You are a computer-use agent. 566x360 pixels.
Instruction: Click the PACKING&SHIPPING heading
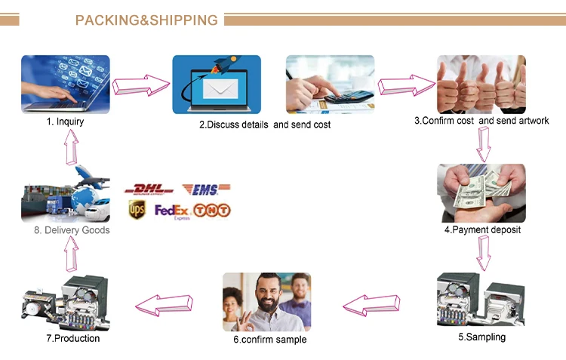(146, 20)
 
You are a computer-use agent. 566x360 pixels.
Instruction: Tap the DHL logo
(149, 189)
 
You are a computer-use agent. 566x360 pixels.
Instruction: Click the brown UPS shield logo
(137, 211)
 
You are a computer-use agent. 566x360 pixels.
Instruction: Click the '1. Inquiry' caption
(65, 121)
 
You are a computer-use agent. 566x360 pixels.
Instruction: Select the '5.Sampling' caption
(481, 337)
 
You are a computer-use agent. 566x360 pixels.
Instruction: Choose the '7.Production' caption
(72, 338)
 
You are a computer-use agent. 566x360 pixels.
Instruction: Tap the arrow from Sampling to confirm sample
(372, 304)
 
